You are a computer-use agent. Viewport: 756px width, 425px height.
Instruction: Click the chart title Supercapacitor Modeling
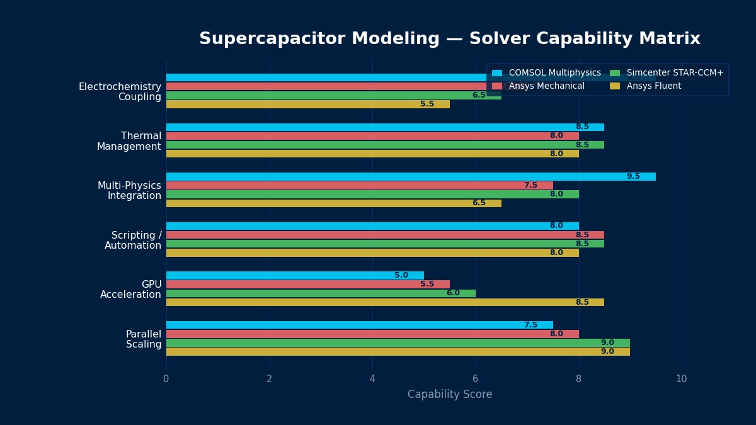(449, 39)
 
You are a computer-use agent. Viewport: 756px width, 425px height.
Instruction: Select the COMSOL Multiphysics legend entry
(554, 73)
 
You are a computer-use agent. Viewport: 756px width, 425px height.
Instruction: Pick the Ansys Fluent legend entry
(653, 86)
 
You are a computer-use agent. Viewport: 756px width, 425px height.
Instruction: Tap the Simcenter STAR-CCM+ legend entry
(675, 73)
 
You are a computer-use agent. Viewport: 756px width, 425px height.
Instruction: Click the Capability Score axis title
(450, 395)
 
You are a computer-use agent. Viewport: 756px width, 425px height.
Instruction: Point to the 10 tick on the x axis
(682, 379)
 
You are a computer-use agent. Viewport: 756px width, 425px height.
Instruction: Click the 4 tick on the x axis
(372, 379)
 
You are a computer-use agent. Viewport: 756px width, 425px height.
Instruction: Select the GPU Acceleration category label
(131, 290)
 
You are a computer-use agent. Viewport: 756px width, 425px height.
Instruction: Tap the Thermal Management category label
(129, 141)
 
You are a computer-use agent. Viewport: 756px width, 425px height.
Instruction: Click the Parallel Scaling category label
(144, 339)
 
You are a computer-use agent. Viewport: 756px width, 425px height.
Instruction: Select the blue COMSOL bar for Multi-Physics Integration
(411, 177)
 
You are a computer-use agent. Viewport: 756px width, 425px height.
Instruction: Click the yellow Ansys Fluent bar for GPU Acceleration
(385, 302)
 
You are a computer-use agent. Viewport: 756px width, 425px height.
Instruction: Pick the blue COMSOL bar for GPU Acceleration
(295, 276)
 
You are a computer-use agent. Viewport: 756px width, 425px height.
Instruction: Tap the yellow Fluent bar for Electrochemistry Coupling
(308, 105)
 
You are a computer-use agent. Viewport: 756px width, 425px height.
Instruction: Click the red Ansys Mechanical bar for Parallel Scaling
(372, 334)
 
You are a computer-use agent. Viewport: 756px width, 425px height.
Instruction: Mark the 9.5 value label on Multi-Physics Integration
(633, 177)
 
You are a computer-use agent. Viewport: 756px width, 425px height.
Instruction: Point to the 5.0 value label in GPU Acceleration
(401, 276)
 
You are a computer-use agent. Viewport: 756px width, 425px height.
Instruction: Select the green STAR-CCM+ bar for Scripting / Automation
(385, 244)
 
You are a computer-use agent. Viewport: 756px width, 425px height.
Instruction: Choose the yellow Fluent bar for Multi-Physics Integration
(334, 203)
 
